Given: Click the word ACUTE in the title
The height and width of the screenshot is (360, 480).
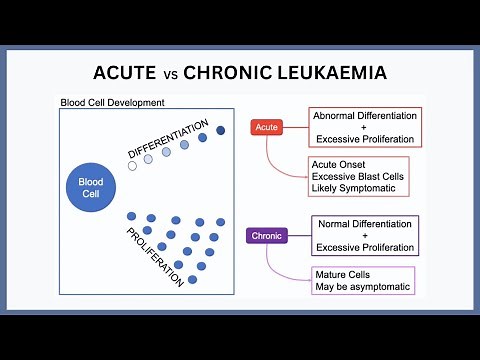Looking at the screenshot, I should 128,74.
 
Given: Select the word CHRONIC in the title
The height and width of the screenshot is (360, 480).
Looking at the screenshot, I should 235,74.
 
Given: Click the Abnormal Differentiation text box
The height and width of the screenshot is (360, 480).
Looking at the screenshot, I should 364,127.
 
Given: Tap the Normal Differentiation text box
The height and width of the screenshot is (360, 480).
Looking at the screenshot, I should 364,235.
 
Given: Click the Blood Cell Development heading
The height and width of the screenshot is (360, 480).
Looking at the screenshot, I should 112,103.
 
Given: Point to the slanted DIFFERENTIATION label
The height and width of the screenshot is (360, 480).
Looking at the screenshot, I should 167,138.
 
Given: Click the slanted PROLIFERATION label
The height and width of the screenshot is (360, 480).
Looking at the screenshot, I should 155,256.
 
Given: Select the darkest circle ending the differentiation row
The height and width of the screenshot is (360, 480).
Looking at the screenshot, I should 221,129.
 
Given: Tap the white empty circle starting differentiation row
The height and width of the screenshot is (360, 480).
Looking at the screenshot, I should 131,166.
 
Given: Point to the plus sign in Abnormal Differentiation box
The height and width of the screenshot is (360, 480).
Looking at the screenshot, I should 364,127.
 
